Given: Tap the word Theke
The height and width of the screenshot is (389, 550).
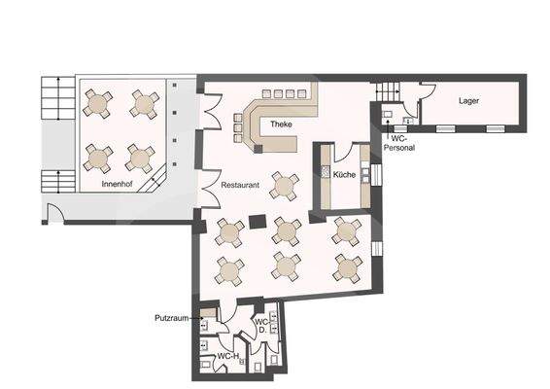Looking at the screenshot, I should pyautogui.click(x=282, y=124).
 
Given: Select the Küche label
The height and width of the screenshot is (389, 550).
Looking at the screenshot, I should pyautogui.click(x=344, y=175).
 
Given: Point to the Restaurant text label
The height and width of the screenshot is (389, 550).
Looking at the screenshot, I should pyautogui.click(x=239, y=184).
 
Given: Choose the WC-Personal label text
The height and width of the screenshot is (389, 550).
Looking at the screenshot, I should pyautogui.click(x=401, y=143).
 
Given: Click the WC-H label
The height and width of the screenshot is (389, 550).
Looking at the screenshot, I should pyautogui.click(x=227, y=357).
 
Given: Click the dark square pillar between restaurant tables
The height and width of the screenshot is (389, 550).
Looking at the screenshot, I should pyautogui.click(x=257, y=222).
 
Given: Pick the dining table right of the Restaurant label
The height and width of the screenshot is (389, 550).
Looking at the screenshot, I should pyautogui.click(x=285, y=184).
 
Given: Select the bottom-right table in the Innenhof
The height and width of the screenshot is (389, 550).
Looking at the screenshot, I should pyautogui.click(x=141, y=157).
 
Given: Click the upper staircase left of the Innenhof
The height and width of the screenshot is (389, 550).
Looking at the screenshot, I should pyautogui.click(x=55, y=98).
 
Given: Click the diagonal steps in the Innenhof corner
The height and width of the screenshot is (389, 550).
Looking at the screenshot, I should pyautogui.click(x=153, y=180).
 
